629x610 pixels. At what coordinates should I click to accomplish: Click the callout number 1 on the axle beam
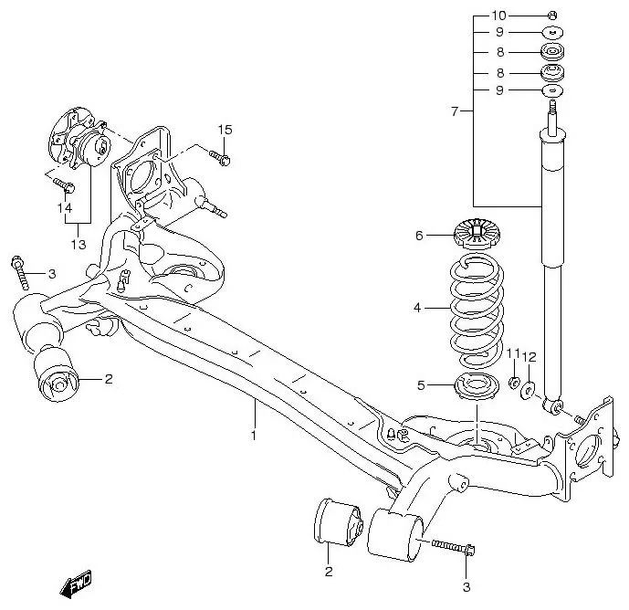[x=255, y=435]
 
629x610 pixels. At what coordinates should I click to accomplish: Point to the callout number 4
[x=417, y=308]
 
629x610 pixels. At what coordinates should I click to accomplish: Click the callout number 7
[x=455, y=110]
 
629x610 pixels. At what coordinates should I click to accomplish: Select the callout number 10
[x=498, y=16]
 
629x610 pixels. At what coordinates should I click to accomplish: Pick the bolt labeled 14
[x=67, y=186]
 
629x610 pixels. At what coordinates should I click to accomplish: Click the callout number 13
[x=78, y=245]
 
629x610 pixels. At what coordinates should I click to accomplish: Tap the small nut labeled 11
[x=515, y=382]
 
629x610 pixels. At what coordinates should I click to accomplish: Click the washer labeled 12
[x=529, y=390]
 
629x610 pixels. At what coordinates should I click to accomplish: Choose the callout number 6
[x=420, y=236]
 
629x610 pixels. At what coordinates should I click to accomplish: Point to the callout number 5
[x=422, y=385]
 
